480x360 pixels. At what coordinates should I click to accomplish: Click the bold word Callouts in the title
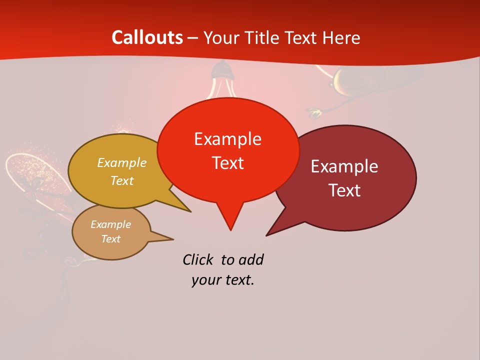[x=147, y=37]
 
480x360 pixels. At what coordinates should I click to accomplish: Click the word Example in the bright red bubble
[x=227, y=138]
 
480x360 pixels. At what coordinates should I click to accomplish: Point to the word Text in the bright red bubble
[x=227, y=162]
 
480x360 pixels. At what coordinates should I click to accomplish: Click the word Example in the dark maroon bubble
[x=344, y=166]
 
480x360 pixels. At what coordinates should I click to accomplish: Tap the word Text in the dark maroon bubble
[x=344, y=190]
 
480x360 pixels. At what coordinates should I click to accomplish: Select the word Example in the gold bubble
[x=122, y=162]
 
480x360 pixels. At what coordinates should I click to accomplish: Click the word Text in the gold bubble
[x=122, y=180]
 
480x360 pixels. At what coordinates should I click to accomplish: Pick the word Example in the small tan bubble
[x=110, y=224]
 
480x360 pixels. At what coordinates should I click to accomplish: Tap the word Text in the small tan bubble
[x=110, y=239]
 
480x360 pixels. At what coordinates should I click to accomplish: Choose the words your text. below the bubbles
[x=222, y=280]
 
